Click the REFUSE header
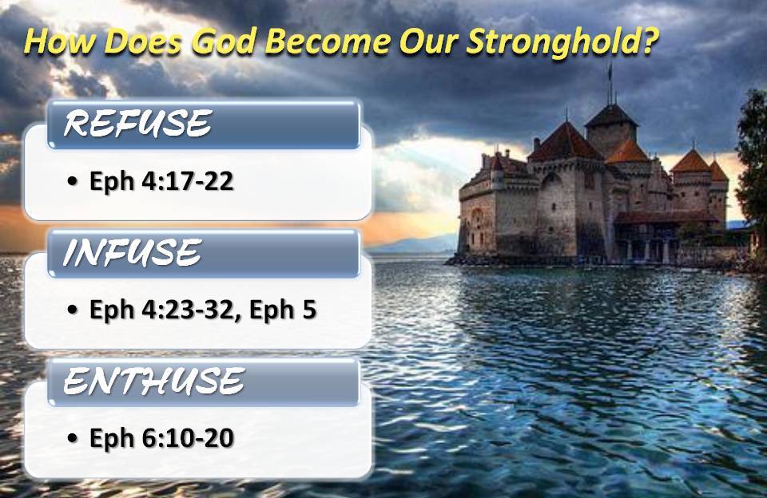coord(137,125)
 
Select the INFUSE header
coord(131,254)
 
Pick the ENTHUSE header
coord(153,382)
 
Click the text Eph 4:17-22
coord(161,181)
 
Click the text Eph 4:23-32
coord(161,310)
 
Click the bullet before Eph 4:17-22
coord(74,183)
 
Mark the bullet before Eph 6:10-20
coord(74,439)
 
